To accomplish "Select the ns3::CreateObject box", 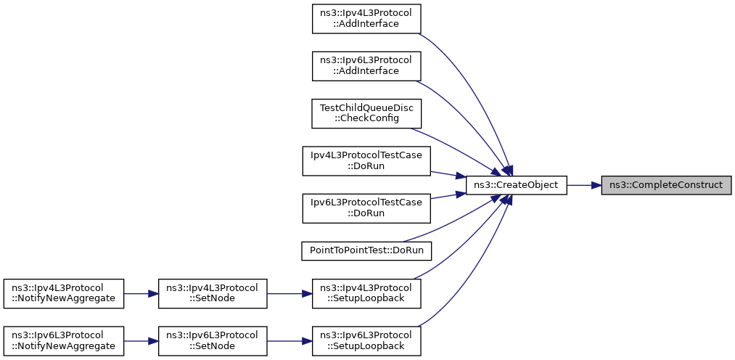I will [515, 185].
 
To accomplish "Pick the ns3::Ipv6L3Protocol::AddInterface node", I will [366, 65].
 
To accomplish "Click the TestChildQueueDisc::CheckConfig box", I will [366, 113].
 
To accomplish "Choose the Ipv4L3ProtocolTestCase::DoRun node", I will [366, 160].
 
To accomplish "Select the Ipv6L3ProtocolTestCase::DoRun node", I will [366, 208].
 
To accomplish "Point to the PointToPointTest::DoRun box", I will [366, 250].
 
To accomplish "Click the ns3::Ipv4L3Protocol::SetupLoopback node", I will [366, 292].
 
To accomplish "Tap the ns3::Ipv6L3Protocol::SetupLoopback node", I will [366, 340].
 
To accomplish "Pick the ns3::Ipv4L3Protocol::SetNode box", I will [213, 292].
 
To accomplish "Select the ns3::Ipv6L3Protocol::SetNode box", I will [213, 340].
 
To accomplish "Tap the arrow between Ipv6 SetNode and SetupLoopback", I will [290, 340].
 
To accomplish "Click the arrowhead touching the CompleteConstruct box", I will [595, 185].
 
